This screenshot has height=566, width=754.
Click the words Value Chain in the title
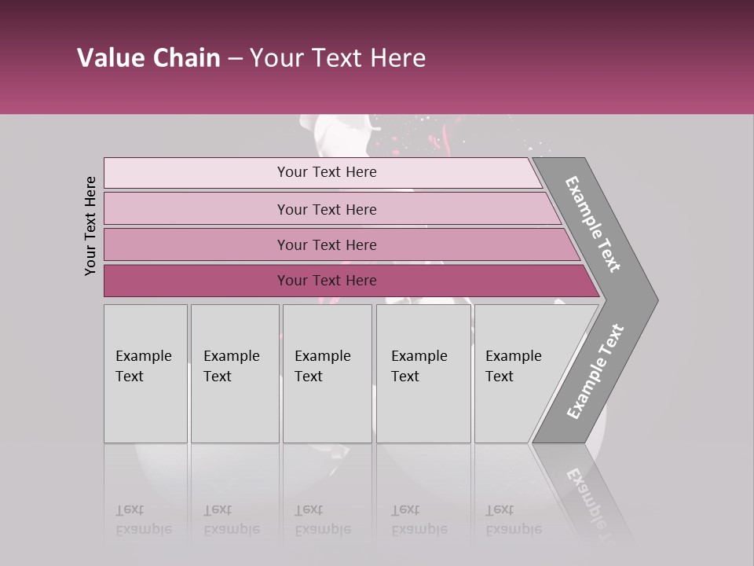148,58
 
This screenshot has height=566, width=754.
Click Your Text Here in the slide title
338,58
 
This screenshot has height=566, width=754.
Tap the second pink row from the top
327,209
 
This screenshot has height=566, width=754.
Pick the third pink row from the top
327,244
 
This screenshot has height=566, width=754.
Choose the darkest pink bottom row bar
327,281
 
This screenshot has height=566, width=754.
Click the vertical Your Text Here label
90,226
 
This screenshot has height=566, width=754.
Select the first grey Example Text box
145,373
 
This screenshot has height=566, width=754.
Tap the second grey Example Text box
234,373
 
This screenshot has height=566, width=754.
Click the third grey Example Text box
326,373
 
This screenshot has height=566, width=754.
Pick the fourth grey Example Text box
423,373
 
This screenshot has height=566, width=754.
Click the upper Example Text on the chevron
593,223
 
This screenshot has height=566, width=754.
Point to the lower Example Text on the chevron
595,372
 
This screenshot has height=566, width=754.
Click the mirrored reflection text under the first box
144,520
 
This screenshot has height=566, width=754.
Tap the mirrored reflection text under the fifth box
514,520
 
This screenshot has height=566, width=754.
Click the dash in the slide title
235,59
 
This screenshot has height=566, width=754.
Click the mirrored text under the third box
323,520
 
